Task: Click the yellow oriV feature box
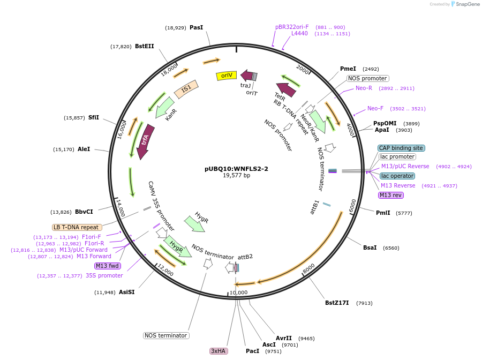pos(226,76)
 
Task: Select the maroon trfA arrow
pos(145,141)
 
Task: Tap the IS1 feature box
pos(186,89)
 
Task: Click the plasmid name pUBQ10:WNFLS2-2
pos(236,168)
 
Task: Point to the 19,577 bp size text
pos(236,175)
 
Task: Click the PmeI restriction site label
pos(348,69)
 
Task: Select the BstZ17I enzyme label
pos(337,303)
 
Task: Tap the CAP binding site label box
pos(401,148)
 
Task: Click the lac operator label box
pos(397,176)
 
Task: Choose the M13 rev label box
pos(391,195)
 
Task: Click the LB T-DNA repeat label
pos(77,227)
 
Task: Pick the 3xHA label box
pos(219,351)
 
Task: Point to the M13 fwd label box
pos(108,266)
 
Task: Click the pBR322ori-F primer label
pos(292,27)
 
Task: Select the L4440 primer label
pos(299,33)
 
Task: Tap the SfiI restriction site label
pos(94,117)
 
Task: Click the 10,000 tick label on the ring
pos(239,292)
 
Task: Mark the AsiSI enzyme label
pos(126,292)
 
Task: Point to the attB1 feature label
pos(315,207)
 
